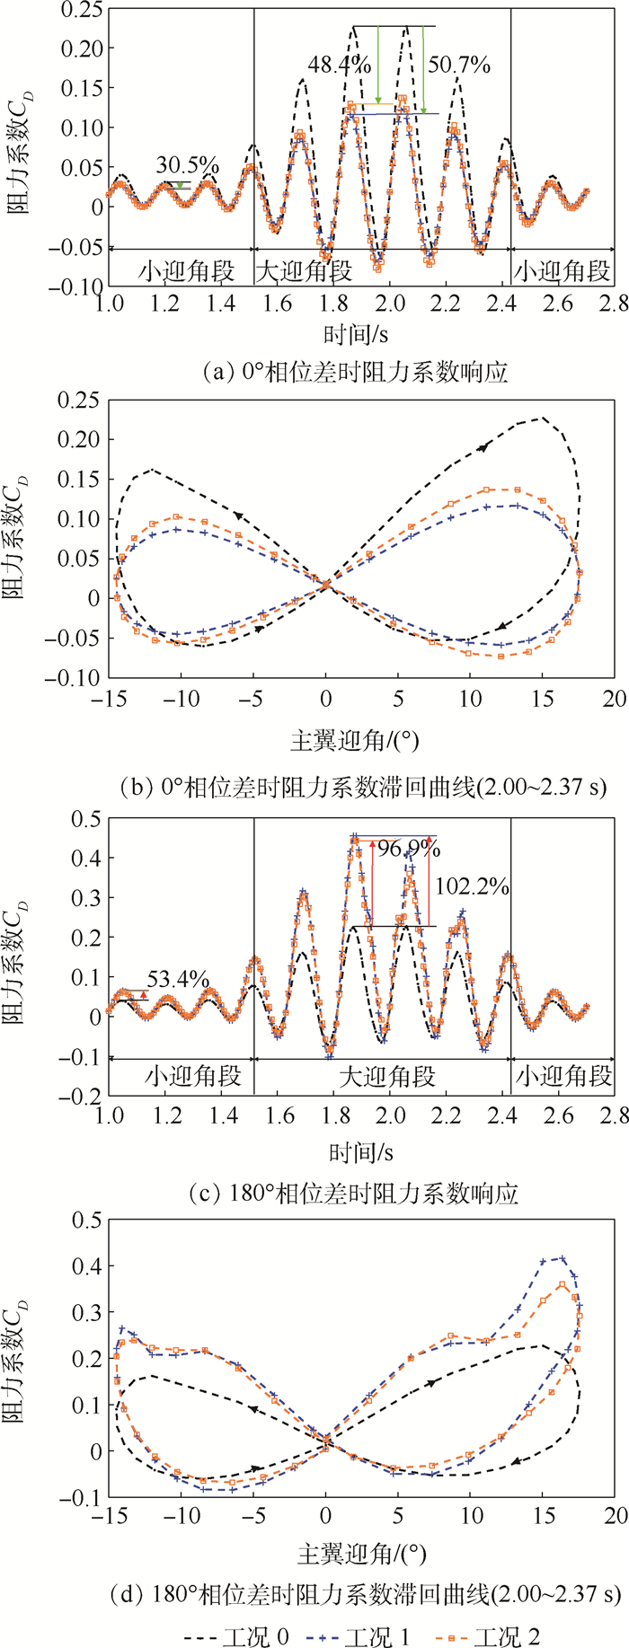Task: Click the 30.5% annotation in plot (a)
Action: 188,165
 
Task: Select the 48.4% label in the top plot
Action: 340,65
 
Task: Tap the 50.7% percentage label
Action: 459,65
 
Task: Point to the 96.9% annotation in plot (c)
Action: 409,849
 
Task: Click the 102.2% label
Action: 473,886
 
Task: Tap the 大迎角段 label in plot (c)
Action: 387,1076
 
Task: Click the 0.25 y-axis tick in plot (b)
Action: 75,400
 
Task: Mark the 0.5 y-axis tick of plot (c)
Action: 84,818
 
